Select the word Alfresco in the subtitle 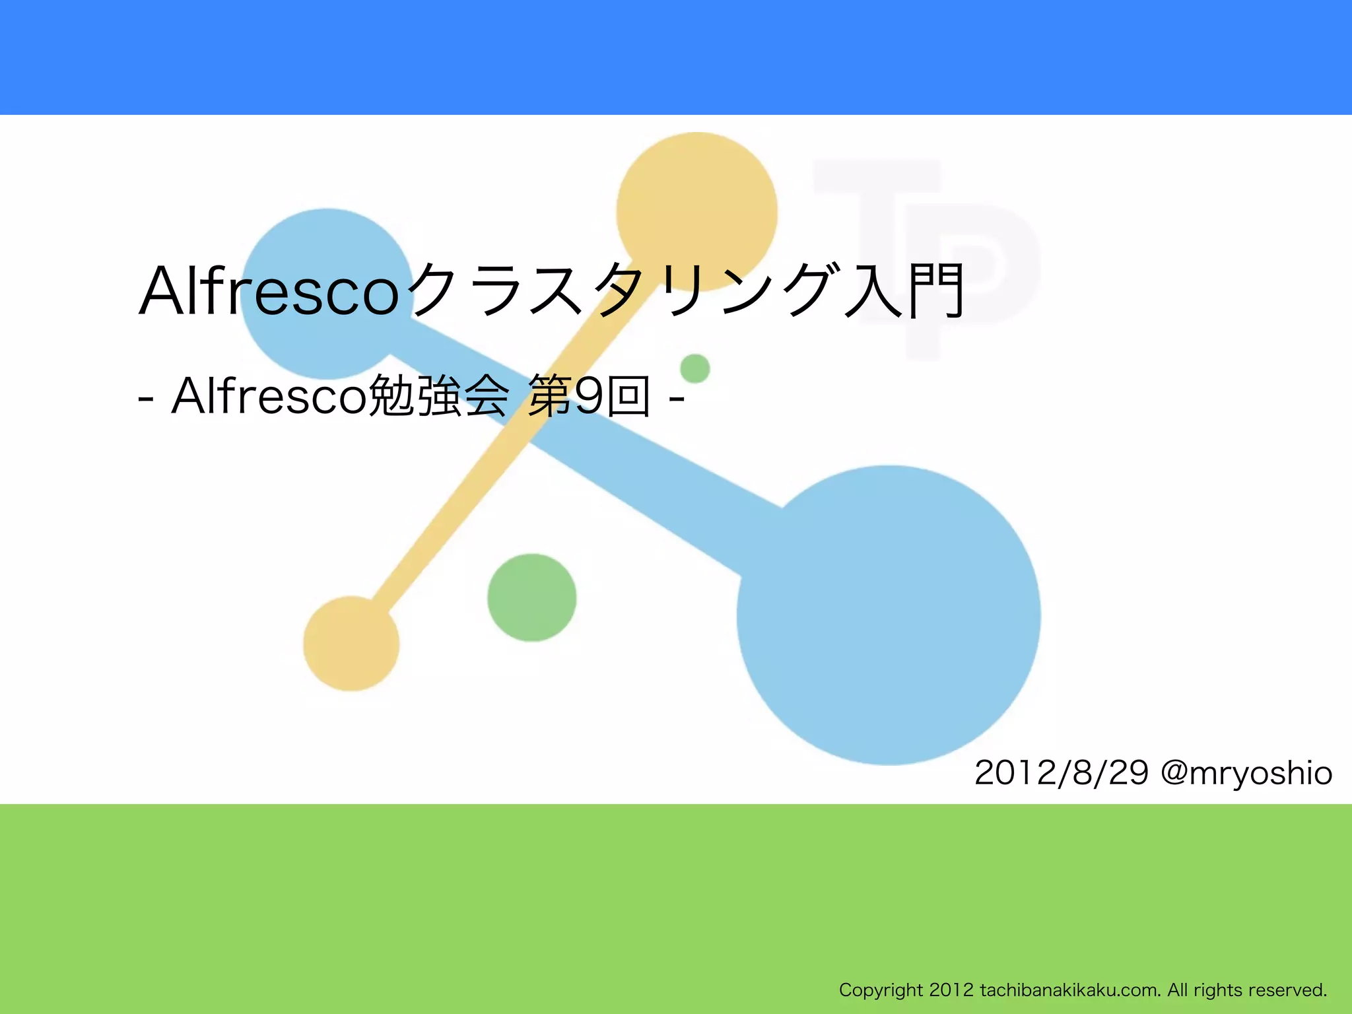268,396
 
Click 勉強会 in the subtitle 438,396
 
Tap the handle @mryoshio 1246,773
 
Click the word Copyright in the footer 881,990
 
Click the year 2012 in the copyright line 951,990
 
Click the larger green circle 532,597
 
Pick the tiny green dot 695,368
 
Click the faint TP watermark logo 937,218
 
